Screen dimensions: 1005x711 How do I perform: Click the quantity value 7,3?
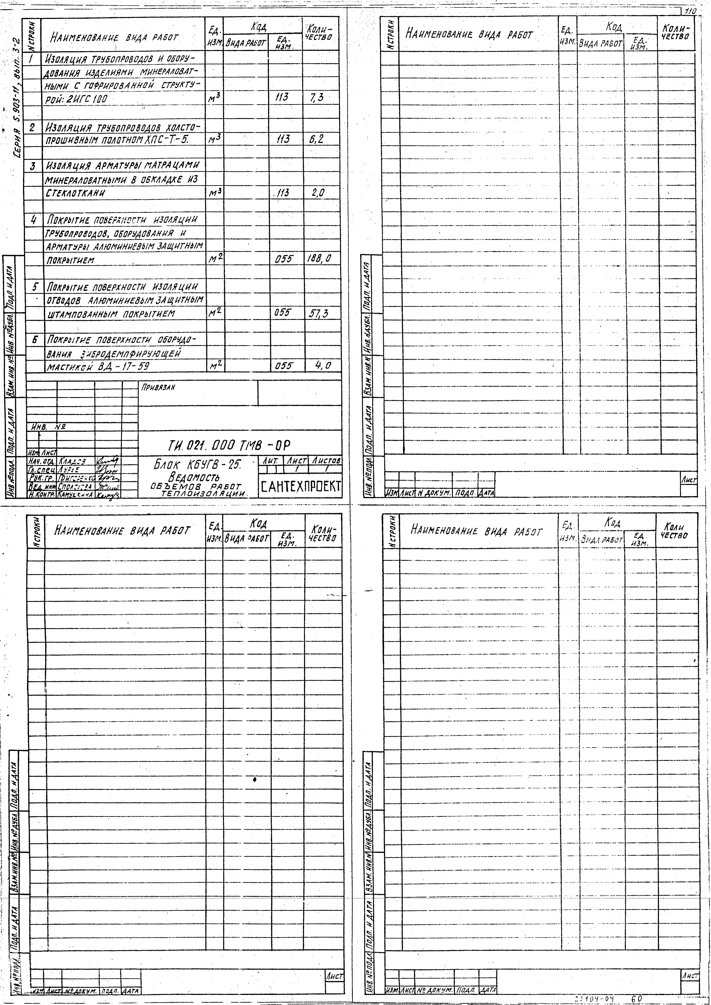pyautogui.click(x=316, y=98)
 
